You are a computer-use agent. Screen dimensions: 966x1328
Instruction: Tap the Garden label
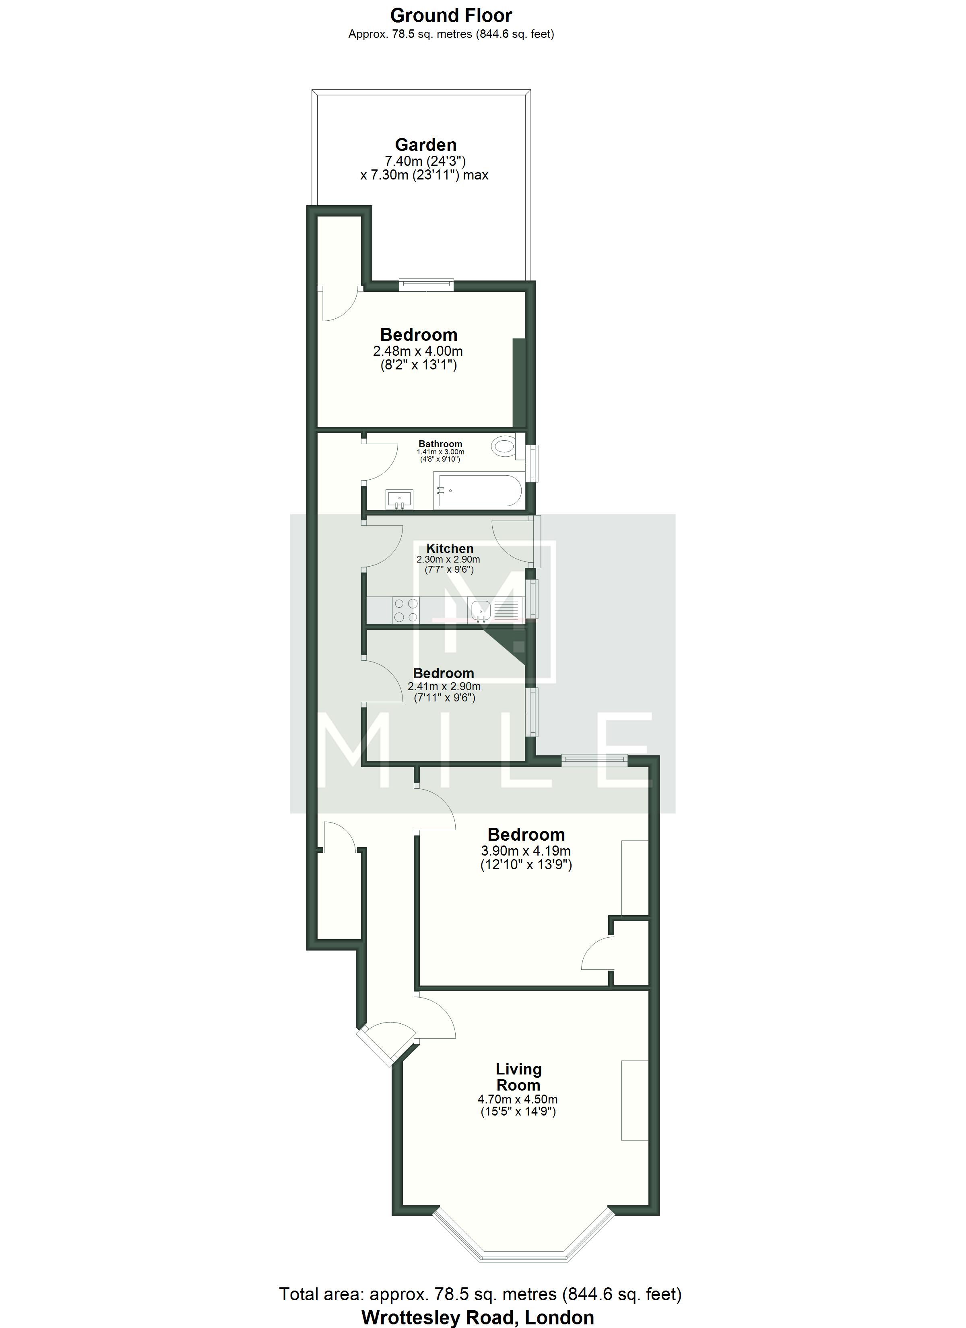[425, 144]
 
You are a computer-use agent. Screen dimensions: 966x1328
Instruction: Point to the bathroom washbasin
[400, 499]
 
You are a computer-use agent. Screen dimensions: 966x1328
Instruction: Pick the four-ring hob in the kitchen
[405, 610]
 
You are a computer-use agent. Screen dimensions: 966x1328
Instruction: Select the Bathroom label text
[440, 444]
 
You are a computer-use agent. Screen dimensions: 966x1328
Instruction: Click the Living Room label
[518, 1077]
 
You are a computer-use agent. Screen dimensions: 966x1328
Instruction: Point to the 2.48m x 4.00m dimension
[418, 351]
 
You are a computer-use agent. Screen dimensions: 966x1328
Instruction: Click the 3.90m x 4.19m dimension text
[526, 851]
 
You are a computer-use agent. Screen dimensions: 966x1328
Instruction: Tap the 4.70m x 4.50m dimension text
[518, 1099]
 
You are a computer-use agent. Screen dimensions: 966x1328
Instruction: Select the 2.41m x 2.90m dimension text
[444, 686]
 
